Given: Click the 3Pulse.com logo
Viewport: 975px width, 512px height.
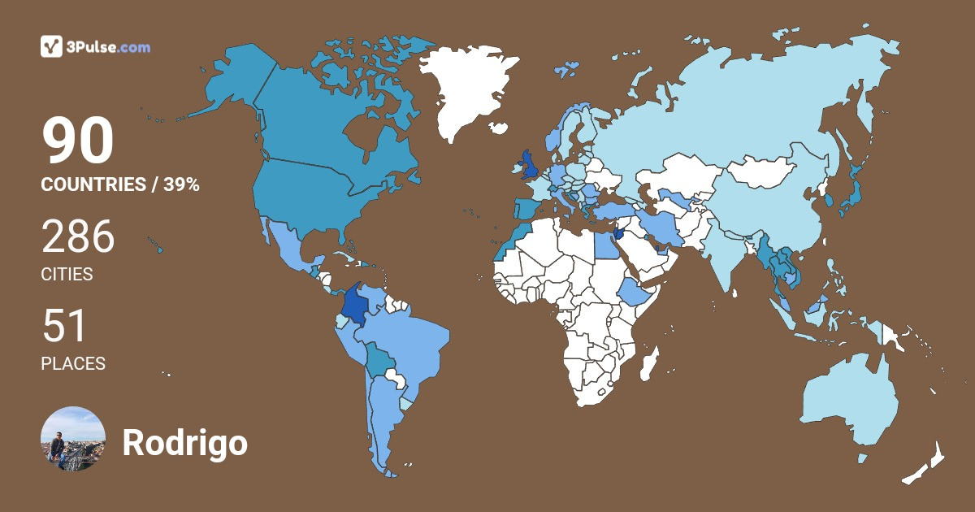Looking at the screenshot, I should (x=95, y=46).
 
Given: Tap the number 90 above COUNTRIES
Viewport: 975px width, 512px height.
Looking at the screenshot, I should (x=77, y=142).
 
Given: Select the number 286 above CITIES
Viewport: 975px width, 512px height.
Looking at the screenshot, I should (x=78, y=238).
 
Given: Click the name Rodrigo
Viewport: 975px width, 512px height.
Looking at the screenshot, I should (x=184, y=443).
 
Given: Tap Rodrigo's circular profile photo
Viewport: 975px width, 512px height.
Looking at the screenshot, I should (x=73, y=439).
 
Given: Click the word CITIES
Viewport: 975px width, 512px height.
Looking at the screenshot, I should (x=67, y=275).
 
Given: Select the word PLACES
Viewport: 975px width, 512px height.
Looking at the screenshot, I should (x=73, y=364).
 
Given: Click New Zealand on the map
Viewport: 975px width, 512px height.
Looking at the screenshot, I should (x=926, y=467).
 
